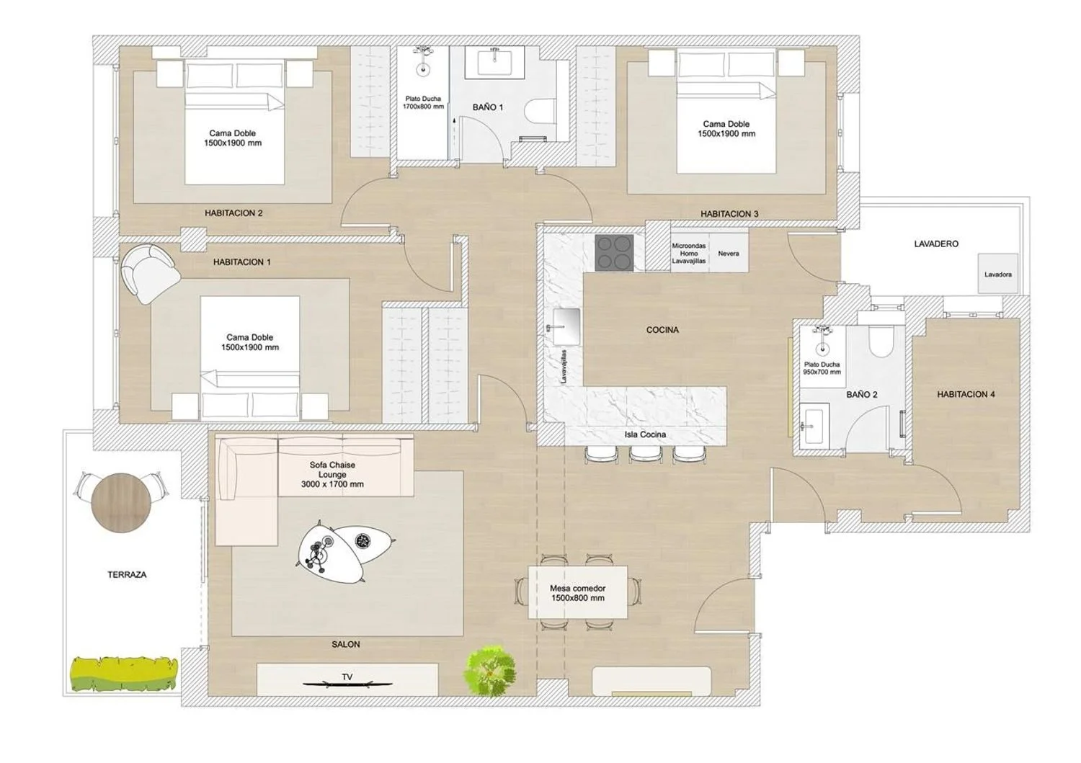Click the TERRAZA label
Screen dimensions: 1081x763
(127, 575)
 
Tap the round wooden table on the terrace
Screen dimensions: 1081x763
(121, 502)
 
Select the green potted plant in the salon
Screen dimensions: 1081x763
(490, 671)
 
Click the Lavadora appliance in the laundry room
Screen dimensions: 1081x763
(998, 273)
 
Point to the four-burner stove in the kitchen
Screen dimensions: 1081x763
(614, 253)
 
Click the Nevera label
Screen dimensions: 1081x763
(728, 254)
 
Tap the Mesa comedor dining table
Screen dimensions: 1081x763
(578, 593)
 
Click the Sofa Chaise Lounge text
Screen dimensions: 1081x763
(332, 474)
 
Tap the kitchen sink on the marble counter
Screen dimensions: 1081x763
(566, 326)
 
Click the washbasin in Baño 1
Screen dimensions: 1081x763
(494, 62)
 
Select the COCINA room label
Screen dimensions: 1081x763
(662, 330)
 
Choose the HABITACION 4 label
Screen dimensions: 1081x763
(966, 394)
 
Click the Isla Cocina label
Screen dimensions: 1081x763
(645, 434)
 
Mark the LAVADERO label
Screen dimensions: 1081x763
(936, 244)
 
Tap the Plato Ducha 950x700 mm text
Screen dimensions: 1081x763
(822, 368)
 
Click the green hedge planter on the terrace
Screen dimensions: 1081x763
(124, 673)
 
